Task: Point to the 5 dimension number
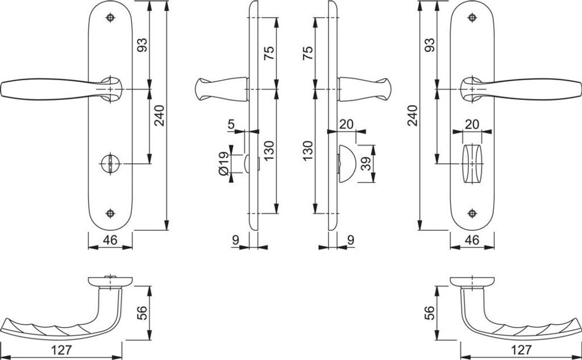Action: (232, 124)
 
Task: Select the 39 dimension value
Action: (367, 163)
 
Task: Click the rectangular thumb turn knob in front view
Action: (472, 163)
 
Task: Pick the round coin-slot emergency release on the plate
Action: (110, 163)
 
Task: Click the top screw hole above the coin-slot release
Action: (110, 18)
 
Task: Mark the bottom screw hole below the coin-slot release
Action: (110, 213)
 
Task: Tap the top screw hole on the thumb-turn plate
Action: (472, 18)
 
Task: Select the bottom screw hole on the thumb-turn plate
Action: (472, 213)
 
